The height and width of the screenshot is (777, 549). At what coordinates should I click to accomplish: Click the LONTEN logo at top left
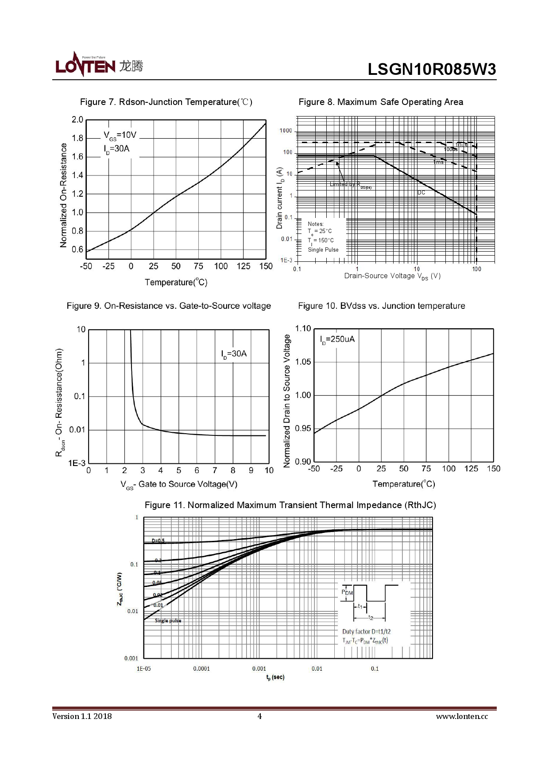99,65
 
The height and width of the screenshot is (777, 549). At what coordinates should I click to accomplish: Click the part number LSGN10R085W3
432,69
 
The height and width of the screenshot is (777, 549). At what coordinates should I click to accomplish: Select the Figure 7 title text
166,102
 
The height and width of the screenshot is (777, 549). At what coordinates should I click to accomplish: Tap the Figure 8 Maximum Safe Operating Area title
381,102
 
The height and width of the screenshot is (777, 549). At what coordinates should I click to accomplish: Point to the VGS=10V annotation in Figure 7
120,135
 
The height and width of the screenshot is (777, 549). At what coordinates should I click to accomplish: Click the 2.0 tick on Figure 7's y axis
77,120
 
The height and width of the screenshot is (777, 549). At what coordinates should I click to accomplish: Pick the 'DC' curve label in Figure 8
421,193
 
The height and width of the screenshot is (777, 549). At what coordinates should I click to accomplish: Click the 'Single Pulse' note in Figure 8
323,250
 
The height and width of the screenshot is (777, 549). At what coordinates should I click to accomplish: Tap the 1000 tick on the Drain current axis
286,131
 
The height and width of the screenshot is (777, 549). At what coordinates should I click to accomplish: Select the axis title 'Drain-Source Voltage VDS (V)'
392,276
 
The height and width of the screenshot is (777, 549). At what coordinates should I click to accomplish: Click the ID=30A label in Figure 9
234,354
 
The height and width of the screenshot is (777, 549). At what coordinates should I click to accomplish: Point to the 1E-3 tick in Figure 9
76,463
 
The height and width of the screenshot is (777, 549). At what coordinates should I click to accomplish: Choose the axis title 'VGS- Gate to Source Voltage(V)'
179,485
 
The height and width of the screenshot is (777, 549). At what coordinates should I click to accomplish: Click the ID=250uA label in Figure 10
337,339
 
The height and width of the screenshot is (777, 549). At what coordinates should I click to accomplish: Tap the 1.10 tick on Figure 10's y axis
303,328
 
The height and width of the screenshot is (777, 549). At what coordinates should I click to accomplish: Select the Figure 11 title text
290,505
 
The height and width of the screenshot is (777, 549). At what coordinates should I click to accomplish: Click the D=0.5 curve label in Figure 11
158,541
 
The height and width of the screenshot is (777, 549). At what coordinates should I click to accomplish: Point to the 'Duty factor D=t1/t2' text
366,631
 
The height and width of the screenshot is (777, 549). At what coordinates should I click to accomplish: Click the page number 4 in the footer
259,716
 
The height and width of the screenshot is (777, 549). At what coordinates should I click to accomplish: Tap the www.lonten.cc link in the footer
462,716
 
